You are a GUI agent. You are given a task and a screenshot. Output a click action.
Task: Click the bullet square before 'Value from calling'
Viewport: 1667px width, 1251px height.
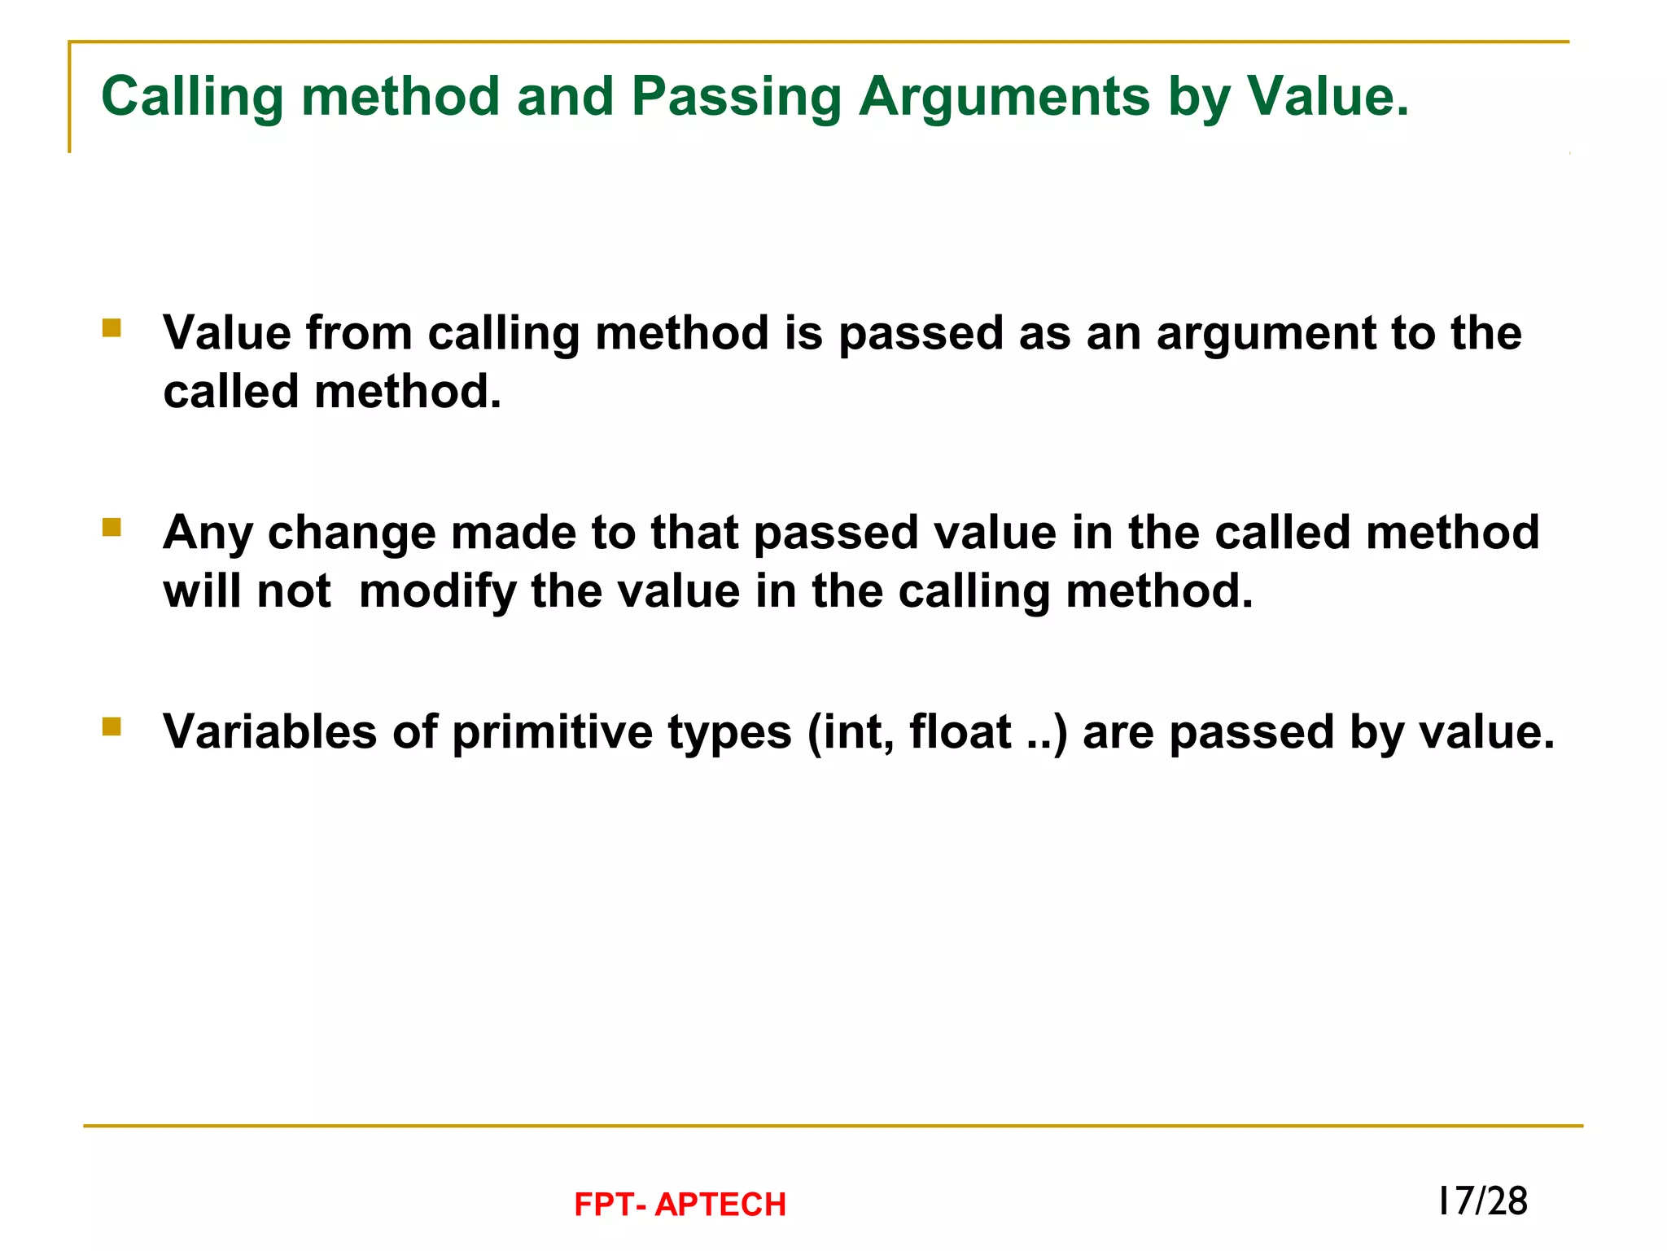pos(112,328)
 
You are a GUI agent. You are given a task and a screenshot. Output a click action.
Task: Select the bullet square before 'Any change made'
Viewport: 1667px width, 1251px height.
pos(112,528)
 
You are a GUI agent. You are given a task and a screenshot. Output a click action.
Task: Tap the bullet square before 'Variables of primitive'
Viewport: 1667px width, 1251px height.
pos(112,726)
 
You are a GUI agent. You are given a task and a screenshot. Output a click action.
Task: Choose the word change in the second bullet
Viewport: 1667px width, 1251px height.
pos(352,534)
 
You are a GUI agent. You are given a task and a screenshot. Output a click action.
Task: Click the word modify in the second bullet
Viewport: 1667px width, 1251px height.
pos(438,593)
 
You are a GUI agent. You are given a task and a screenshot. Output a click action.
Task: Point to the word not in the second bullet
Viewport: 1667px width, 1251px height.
pos(294,592)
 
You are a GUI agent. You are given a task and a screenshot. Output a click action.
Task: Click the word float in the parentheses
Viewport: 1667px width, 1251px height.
pos(960,731)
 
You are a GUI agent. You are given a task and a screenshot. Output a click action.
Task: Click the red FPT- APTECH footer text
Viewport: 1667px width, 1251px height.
pos(680,1205)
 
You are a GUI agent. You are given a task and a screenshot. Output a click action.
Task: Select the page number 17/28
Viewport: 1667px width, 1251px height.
pos(1482,1201)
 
